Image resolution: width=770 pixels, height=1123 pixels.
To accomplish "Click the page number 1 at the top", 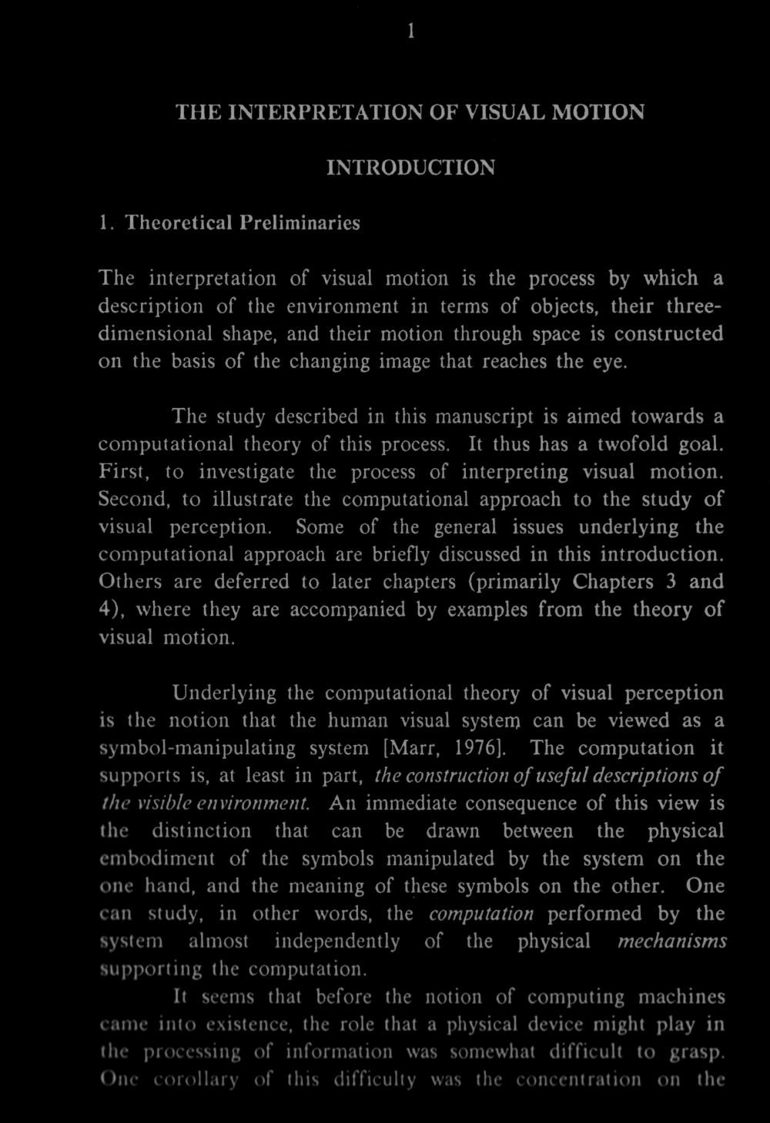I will click(412, 31).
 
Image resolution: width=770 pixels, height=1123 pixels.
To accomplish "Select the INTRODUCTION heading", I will click(410, 167).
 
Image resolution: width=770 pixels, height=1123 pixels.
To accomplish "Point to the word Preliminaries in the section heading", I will click(300, 223).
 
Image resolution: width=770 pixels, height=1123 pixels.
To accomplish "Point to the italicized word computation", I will click(480, 914).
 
